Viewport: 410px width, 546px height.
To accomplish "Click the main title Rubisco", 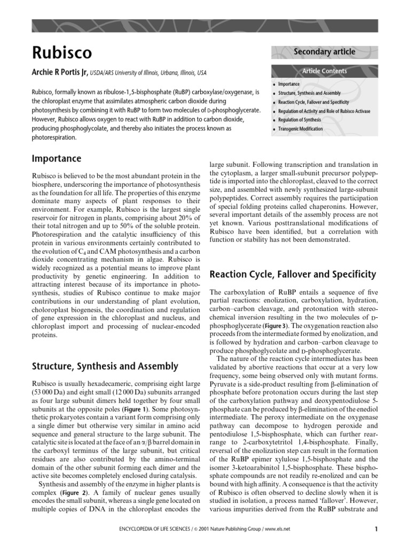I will click(62, 52).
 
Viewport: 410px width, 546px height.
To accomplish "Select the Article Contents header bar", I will click(324, 71).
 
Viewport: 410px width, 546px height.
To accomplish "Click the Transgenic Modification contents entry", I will click(300, 129).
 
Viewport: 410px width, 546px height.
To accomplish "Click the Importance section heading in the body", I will click(57, 159).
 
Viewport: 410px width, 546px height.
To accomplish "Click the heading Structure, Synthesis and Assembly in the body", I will click(105, 366).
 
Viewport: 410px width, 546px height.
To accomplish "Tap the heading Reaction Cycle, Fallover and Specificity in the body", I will click(293, 275).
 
